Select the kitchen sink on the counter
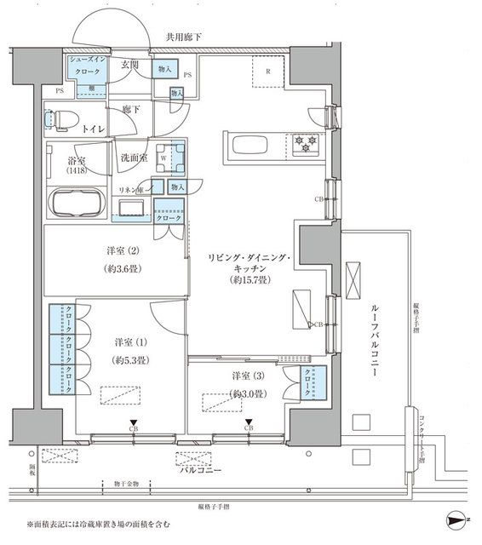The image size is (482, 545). [250, 146]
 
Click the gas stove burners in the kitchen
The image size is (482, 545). [305, 146]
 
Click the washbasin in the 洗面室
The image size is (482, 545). [131, 209]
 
